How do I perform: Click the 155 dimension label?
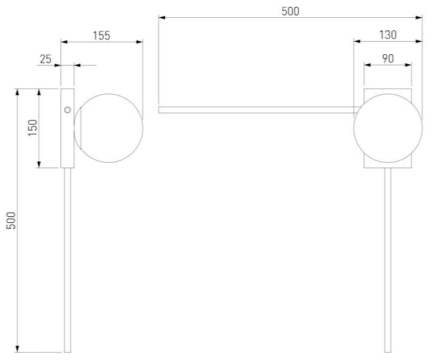click(x=101, y=36)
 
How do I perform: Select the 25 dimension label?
click(x=45, y=59)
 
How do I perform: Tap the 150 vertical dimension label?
click(x=32, y=128)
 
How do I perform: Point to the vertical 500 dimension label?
click(x=11, y=221)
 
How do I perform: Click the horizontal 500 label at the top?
click(x=291, y=11)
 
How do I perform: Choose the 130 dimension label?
click(x=388, y=35)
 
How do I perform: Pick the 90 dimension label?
click(x=388, y=58)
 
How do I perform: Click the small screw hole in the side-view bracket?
click(x=67, y=110)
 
